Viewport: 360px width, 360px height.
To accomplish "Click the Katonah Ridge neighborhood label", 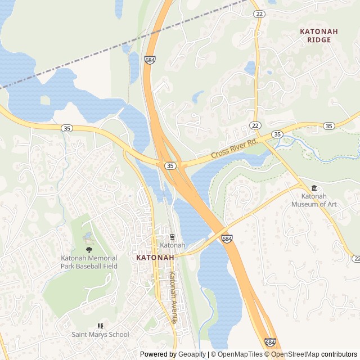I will [319, 36].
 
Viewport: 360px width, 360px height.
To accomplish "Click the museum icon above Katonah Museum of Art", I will [314, 188].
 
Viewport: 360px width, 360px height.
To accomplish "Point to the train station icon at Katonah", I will [172, 237].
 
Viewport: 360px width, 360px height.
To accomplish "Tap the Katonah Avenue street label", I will [173, 297].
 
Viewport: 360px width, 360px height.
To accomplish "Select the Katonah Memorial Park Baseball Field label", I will [89, 263].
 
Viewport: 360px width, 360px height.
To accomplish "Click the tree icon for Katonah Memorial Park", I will [89, 250].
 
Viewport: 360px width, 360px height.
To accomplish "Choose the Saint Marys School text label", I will [100, 334].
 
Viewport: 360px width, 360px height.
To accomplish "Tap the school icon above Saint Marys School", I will [100, 326].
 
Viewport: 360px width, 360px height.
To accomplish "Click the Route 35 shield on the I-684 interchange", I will [170, 166].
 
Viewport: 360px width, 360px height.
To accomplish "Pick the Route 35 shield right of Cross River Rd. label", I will [277, 134].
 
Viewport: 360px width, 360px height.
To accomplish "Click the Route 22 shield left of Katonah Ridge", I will [258, 14].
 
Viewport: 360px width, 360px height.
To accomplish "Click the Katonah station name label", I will [172, 245].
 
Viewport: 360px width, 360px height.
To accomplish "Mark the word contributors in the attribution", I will [339, 354].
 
